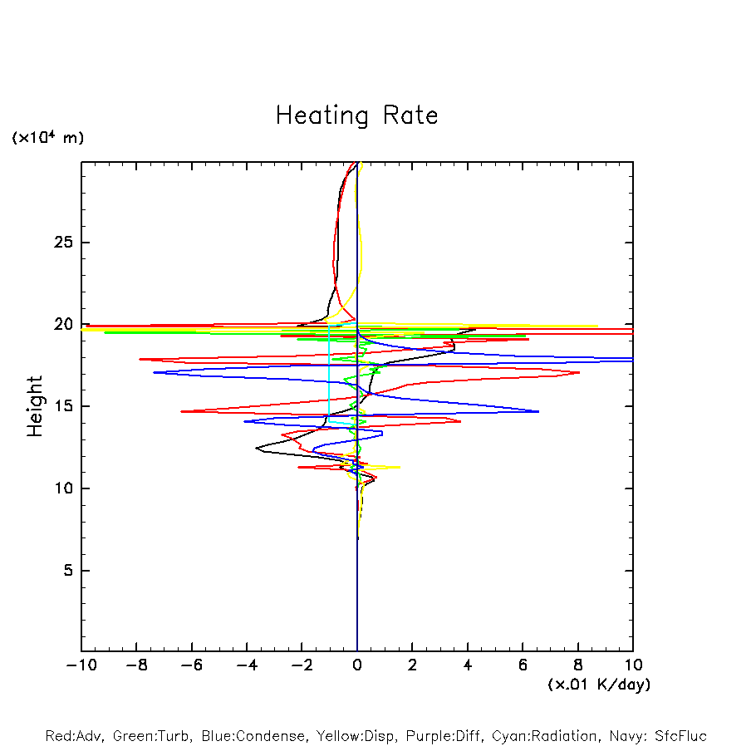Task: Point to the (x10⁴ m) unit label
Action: pyautogui.click(x=47, y=138)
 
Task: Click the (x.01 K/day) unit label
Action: pyautogui.click(x=598, y=685)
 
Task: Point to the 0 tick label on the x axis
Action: pyautogui.click(x=357, y=665)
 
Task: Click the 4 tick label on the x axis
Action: pyautogui.click(x=468, y=665)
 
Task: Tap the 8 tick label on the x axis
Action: pyautogui.click(x=578, y=665)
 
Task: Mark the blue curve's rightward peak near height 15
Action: pyautogui.click(x=538, y=411)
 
